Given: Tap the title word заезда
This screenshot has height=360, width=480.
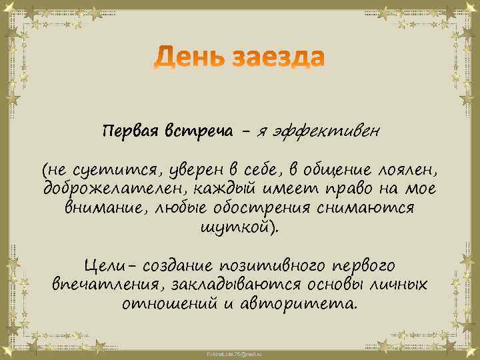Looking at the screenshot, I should point(278,59).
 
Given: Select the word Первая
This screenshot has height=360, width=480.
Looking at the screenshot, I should point(126,130).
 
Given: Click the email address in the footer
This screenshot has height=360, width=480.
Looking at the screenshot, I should point(240,351).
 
